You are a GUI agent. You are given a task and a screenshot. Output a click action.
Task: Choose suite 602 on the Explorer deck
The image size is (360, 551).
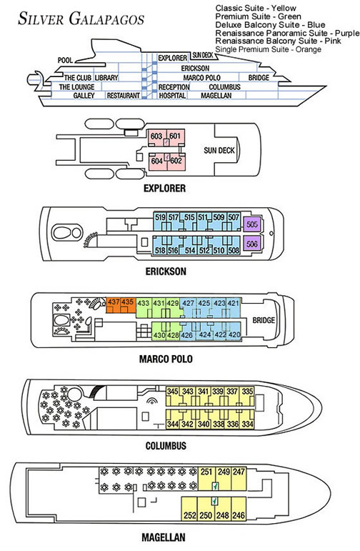click(176, 161)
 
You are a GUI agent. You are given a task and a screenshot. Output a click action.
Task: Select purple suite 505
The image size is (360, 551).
click(251, 223)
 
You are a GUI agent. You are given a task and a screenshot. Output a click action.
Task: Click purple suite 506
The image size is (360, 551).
click(251, 244)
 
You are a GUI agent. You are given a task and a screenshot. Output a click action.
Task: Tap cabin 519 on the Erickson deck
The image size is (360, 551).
click(160, 217)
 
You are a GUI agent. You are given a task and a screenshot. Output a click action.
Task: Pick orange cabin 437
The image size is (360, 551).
click(114, 303)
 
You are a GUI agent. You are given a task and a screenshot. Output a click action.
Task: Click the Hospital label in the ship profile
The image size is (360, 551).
click(171, 95)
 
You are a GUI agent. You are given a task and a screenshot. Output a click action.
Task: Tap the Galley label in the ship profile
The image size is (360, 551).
click(84, 95)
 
